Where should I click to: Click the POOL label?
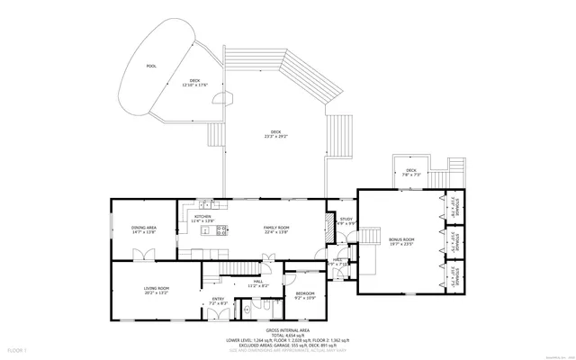(x=150, y=66)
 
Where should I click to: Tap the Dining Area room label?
(x=144, y=230)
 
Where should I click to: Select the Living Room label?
(x=157, y=290)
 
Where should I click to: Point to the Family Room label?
(x=275, y=230)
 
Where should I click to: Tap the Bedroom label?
(x=305, y=295)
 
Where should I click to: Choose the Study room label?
(x=346, y=220)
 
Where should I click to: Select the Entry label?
(x=218, y=301)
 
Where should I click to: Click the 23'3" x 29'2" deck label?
(x=274, y=134)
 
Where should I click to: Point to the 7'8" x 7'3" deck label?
(x=410, y=172)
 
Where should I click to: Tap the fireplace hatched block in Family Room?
(x=327, y=235)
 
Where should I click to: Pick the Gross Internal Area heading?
(x=287, y=331)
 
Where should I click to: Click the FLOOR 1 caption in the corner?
(x=18, y=348)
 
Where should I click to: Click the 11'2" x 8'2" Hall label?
(x=259, y=284)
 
